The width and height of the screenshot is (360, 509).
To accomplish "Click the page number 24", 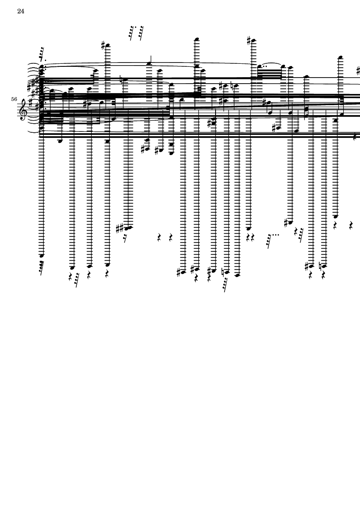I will pyautogui.click(x=21, y=12).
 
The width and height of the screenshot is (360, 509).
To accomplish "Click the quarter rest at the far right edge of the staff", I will pyautogui.click(x=355, y=136).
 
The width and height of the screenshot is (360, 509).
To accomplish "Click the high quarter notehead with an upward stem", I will pyautogui.click(x=150, y=64).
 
